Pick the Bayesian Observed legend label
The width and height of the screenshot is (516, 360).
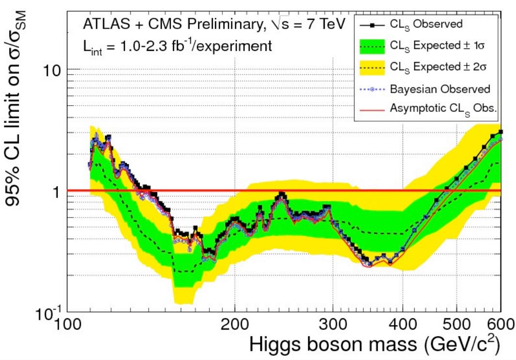point(440,89)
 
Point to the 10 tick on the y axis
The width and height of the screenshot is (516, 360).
point(49,69)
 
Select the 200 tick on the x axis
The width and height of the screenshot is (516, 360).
point(235,324)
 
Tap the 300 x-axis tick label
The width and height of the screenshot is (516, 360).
point(332,324)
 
